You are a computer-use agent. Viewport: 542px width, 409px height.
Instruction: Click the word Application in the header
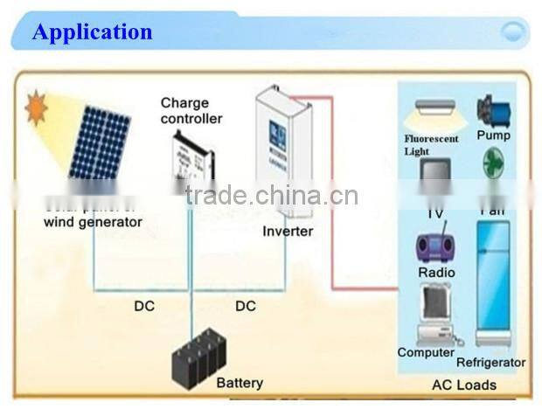pyautogui.click(x=92, y=32)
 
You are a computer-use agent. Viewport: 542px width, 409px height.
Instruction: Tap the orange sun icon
pyautogui.click(x=37, y=108)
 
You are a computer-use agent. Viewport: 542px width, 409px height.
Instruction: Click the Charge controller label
pyautogui.click(x=191, y=111)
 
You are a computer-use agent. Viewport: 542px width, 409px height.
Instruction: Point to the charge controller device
pyautogui.click(x=191, y=161)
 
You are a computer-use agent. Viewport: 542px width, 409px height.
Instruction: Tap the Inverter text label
pyautogui.click(x=288, y=232)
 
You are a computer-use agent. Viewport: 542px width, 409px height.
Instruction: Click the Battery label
pyautogui.click(x=239, y=383)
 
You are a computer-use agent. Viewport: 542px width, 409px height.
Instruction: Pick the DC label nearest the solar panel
pyautogui.click(x=144, y=306)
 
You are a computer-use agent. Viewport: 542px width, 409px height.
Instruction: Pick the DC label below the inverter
pyautogui.click(x=246, y=306)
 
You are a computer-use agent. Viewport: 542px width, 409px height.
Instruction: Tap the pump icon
pyautogui.click(x=493, y=111)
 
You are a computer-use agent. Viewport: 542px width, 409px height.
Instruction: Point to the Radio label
pyautogui.click(x=436, y=273)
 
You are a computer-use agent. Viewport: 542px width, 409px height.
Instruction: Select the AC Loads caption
pyautogui.click(x=464, y=385)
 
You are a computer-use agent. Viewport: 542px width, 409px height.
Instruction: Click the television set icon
pyautogui.click(x=435, y=175)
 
